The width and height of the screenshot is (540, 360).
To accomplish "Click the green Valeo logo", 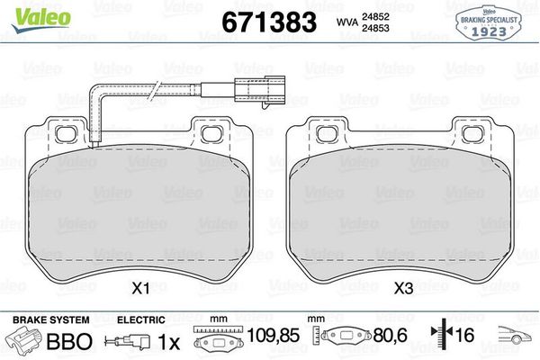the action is point(41,19).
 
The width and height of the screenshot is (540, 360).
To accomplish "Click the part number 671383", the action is point(269,22).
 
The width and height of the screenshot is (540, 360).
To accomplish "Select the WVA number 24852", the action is point(375,16).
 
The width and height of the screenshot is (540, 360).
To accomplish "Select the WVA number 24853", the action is point(375,28).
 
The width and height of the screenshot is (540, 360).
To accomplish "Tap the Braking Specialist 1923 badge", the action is point(489,23).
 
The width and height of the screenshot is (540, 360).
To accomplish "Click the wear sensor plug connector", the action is point(259,90).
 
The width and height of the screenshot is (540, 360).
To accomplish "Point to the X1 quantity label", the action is point(141,289).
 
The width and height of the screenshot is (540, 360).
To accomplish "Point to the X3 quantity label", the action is point(403,289).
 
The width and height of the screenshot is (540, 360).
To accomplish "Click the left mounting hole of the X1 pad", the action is point(66,134).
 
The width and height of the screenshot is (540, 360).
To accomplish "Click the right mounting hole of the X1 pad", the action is point(211,134).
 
